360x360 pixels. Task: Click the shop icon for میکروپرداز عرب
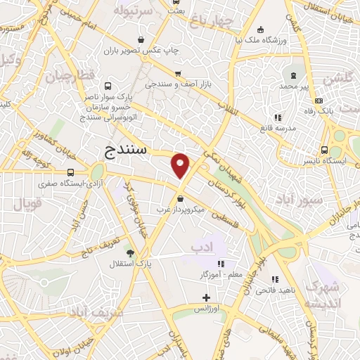tap(181, 198)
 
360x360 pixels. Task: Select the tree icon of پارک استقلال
tap(129, 252)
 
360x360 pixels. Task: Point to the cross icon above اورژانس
tap(206, 297)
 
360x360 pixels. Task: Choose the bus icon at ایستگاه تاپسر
tap(324, 150)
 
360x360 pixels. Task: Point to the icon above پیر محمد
tap(290, 74)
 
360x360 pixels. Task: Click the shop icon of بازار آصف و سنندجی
tap(179, 73)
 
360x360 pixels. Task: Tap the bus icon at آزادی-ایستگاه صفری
tap(70, 172)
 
